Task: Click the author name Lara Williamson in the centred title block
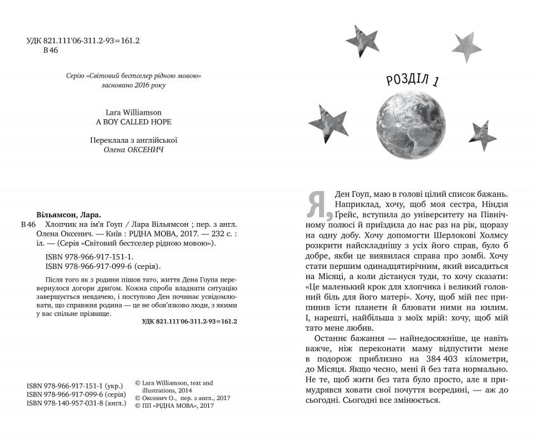134,110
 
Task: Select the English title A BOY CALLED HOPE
134,121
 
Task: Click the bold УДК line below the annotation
189,322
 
